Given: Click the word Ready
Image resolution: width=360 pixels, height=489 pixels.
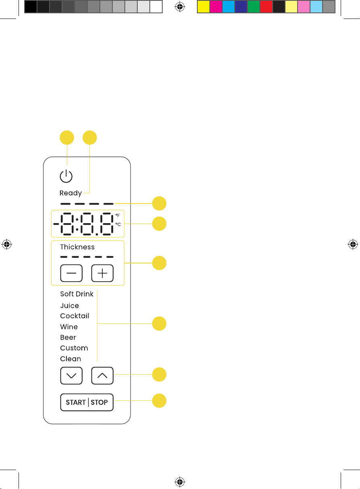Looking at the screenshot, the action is click(x=71, y=193).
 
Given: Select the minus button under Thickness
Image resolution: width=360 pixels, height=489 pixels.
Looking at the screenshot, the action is click(x=71, y=273).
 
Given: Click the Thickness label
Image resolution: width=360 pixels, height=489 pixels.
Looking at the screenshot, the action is click(x=77, y=247).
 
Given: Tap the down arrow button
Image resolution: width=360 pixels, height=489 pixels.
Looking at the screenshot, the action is click(x=71, y=375).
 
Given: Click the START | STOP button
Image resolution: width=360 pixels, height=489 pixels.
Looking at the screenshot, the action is click(x=87, y=402).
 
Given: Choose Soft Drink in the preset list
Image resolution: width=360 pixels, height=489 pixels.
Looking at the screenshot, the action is click(x=77, y=294).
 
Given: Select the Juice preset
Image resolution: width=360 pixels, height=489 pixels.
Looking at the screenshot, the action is click(x=70, y=305).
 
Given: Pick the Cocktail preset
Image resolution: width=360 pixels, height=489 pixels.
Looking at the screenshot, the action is click(x=74, y=316).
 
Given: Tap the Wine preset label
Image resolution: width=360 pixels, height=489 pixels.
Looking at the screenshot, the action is click(x=69, y=327).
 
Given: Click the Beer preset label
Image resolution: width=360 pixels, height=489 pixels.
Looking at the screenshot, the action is click(x=68, y=337).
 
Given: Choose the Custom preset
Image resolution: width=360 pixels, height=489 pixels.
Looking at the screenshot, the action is click(x=74, y=348).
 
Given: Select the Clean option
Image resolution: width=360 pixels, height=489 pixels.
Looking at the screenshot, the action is click(x=70, y=358).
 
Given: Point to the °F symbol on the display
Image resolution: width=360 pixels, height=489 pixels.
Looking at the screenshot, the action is click(x=118, y=215).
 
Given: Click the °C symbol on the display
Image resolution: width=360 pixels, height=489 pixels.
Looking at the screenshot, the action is click(x=118, y=224).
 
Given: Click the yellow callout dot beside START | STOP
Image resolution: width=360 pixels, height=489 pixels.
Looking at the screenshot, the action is click(x=159, y=401).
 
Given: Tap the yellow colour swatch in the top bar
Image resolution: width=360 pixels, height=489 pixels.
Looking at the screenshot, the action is click(x=203, y=7).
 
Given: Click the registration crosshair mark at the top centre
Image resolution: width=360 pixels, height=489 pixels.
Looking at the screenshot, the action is click(x=180, y=7).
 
